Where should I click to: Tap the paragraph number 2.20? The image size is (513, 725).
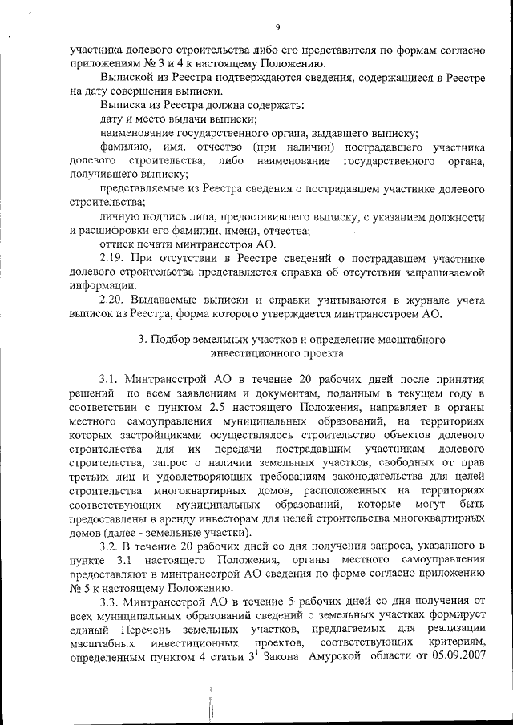pyautogui.click(x=114, y=299)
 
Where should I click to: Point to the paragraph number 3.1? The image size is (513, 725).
pyautogui.click(x=111, y=377)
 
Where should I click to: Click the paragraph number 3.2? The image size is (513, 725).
pyautogui.click(x=111, y=546)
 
